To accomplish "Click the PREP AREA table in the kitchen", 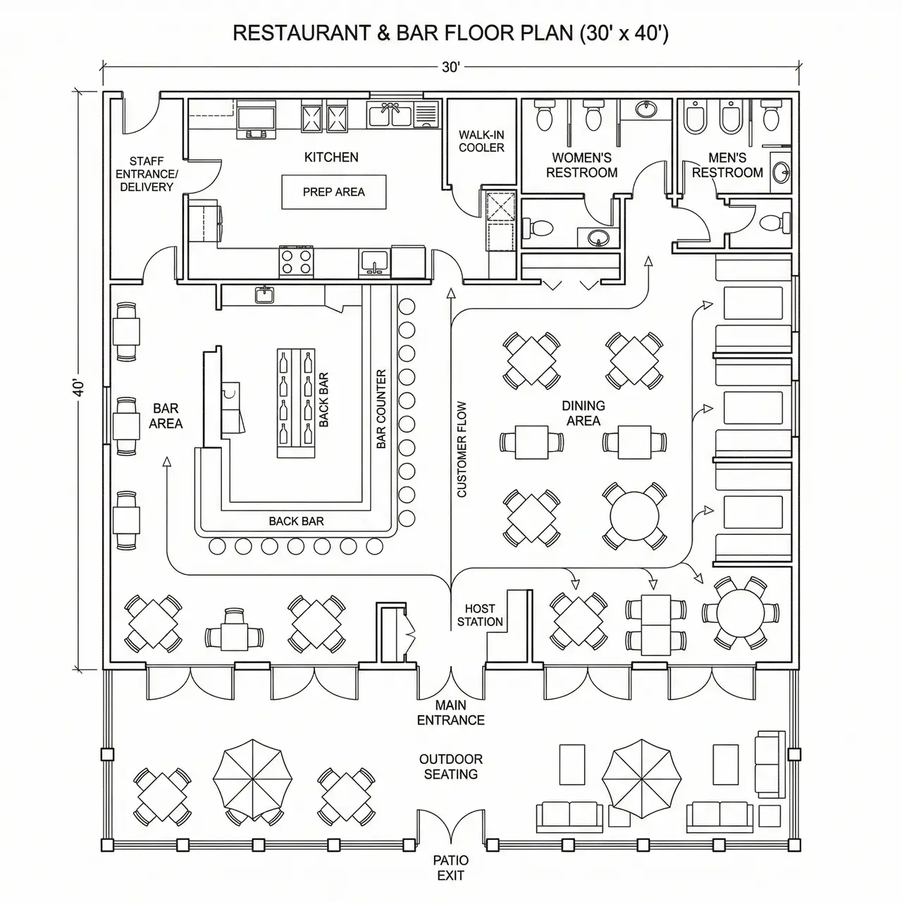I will coord(334,192).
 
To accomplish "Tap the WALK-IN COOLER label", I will coord(481,141).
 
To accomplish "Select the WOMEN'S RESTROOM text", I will coord(581,166).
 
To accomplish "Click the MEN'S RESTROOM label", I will coord(727,166).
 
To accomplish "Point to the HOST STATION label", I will coord(480,615).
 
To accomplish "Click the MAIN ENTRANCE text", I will coord(451,712).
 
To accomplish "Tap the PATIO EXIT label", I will coord(451,867).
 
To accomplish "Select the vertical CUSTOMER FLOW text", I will coord(462,449).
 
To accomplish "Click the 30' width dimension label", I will coord(451,67).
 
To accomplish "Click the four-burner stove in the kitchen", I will coord(297,261).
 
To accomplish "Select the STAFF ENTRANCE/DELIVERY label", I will coord(147,174).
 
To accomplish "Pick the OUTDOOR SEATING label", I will coord(451,767).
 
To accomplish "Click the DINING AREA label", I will coord(583,413).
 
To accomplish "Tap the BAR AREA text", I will coord(166,416).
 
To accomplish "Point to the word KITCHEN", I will coord(331,157).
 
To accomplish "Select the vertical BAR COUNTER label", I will coord(381,409).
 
